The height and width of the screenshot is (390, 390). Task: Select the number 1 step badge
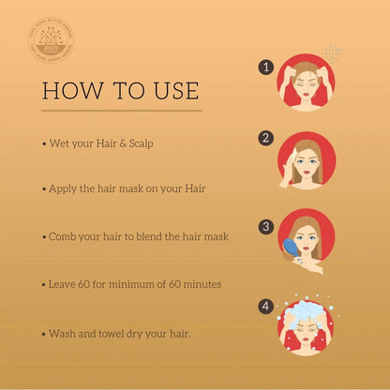pyautogui.click(x=266, y=67)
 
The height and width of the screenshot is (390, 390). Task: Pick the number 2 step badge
pyautogui.click(x=266, y=138)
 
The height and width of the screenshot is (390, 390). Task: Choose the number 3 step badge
pyautogui.click(x=266, y=226)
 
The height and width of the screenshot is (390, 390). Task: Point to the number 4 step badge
pyautogui.click(x=266, y=306)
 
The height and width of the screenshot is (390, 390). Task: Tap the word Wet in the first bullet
pyautogui.click(x=58, y=145)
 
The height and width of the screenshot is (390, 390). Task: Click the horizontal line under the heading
pyautogui.click(x=122, y=111)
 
